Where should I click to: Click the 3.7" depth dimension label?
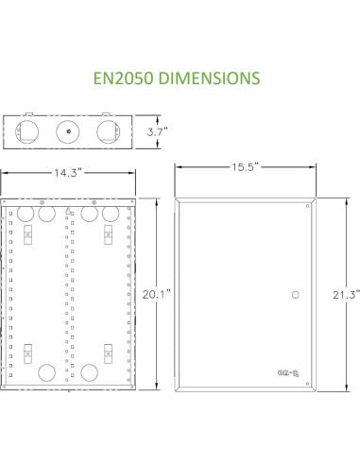(x=156, y=132)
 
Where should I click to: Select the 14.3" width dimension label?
(x=68, y=174)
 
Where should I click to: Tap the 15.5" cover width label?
(x=244, y=165)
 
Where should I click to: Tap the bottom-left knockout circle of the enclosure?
(x=43, y=371)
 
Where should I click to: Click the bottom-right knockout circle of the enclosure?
(x=92, y=371)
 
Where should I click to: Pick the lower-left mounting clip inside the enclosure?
(x=26, y=354)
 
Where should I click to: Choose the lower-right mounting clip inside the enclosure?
(x=107, y=354)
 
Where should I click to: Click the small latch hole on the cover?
(x=296, y=295)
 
